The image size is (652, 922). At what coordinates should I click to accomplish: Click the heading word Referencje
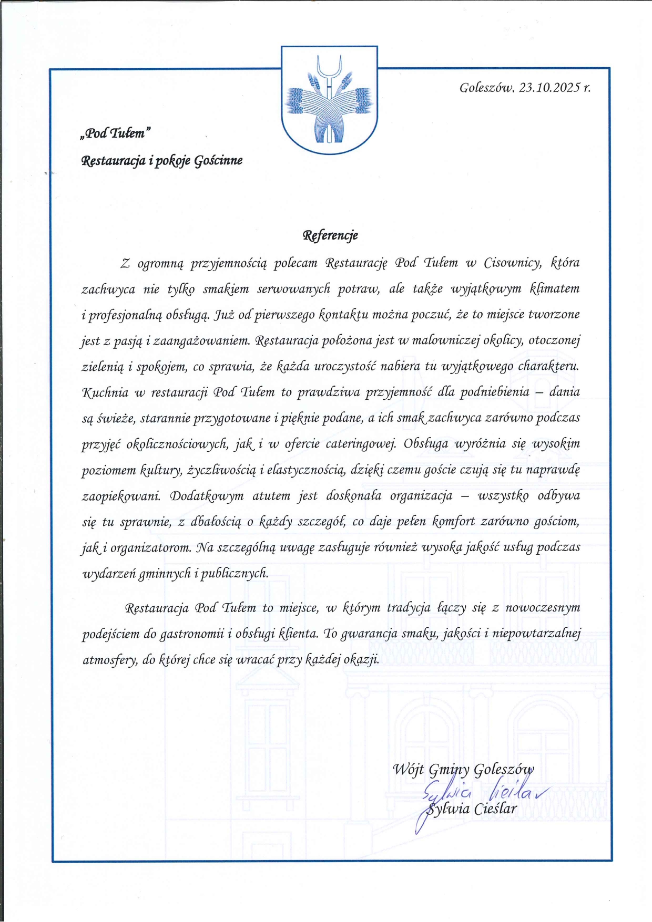coord(330,235)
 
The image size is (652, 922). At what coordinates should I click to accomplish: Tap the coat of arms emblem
coord(329,100)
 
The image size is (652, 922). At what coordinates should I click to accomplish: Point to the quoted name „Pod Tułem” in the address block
coord(115,133)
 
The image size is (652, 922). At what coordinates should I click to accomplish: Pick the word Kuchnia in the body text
coord(105,392)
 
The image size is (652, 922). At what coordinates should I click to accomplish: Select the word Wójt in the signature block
coord(408,770)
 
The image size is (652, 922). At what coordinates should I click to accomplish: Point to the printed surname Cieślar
coord(495,810)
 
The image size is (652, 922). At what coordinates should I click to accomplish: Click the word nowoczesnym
coord(543,608)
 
